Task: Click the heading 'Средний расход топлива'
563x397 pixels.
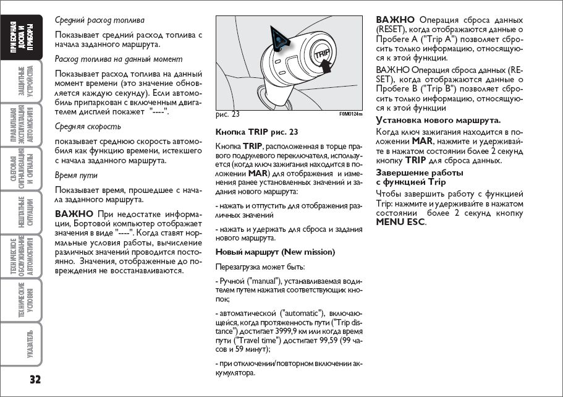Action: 100,20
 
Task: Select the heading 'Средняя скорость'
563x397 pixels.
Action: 88,126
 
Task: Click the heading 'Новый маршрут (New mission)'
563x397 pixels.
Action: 275,252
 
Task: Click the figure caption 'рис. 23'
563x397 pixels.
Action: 227,114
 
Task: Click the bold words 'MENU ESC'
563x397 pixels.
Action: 400,221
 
